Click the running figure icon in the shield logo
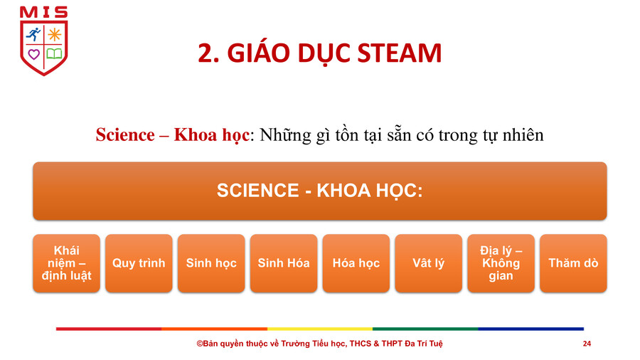[33, 34]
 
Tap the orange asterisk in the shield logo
[54, 34]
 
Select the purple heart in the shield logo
[33, 54]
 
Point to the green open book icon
[54, 53]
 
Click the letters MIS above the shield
[43, 12]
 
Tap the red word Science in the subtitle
[125, 134]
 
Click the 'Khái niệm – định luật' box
[67, 263]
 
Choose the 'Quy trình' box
[139, 263]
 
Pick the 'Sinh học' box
[211, 263]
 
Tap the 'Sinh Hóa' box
[284, 263]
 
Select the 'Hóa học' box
[356, 263]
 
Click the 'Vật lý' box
[429, 263]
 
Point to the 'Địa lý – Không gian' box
[501, 263]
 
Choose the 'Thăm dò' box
[573, 263]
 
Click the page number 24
[587, 344]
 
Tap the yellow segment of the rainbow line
[320, 329]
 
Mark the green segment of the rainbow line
[425, 329]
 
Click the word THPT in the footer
[393, 344]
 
